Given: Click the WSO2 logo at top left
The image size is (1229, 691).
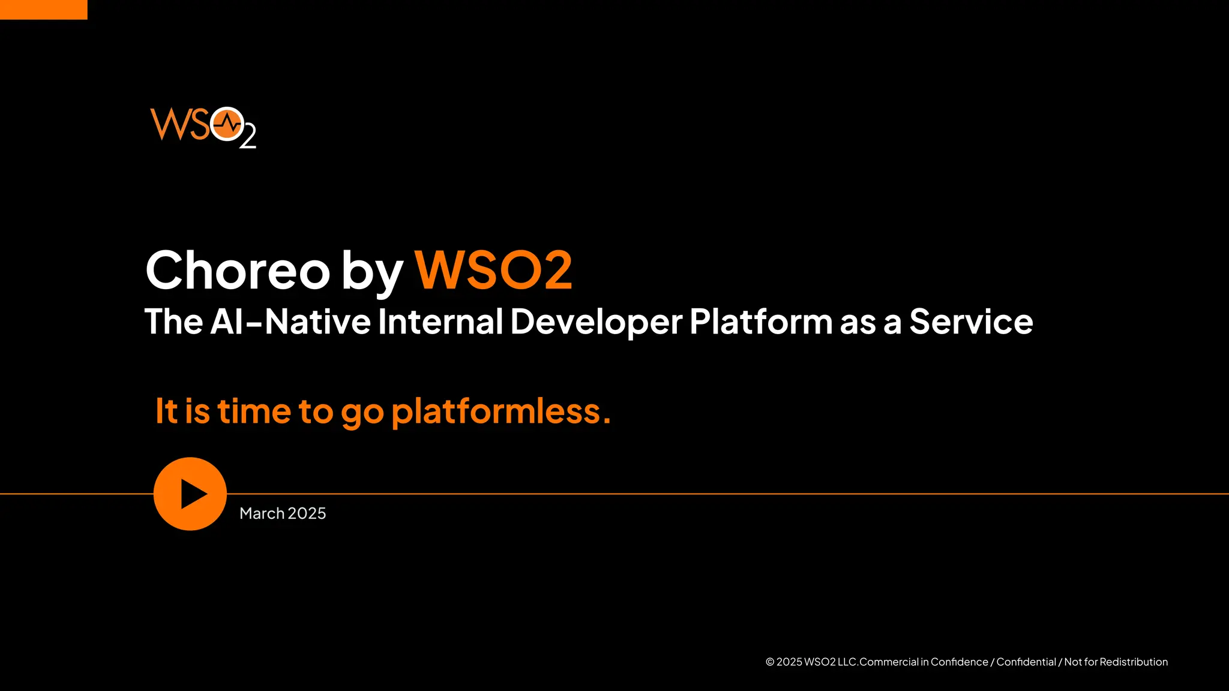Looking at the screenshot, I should click(x=203, y=127).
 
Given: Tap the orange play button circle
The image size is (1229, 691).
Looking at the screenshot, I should click(x=190, y=494).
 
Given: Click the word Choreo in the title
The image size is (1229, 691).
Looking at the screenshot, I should click(x=238, y=271).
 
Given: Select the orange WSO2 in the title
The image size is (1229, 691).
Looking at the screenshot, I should click(x=493, y=271).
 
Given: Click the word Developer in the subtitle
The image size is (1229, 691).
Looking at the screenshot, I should click(x=596, y=322).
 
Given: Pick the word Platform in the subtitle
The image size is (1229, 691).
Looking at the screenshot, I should click(x=761, y=322).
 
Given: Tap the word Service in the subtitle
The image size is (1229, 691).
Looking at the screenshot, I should click(x=971, y=322).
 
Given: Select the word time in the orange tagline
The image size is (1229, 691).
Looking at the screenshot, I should click(x=254, y=411).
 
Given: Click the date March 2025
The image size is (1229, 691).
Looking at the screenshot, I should click(x=283, y=513).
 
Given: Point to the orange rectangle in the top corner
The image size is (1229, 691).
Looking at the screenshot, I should click(x=43, y=10).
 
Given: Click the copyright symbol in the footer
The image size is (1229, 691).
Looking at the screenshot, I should click(x=770, y=662).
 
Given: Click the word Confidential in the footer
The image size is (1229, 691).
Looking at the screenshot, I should click(x=1026, y=662).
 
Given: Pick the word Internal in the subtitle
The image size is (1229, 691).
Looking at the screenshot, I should click(x=440, y=322).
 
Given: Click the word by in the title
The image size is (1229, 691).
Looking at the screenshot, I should click(x=372, y=272).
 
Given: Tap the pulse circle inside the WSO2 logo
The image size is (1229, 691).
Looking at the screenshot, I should click(x=227, y=124).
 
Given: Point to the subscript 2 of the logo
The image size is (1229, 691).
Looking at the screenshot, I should click(x=248, y=137).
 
